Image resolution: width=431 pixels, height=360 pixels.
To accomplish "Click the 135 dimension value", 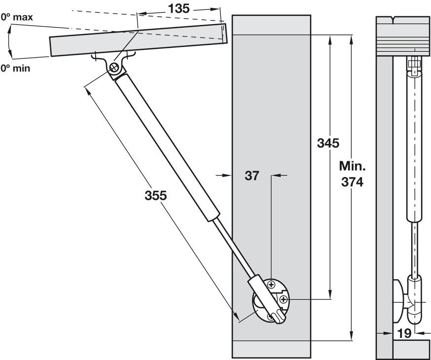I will click(179, 8).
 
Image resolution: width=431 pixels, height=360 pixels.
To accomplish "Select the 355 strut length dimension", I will click(156, 195).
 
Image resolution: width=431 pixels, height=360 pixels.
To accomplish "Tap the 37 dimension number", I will click(252, 175).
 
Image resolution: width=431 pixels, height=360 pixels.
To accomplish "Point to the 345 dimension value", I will click(328, 144).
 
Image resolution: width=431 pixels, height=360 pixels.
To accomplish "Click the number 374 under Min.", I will click(352, 182).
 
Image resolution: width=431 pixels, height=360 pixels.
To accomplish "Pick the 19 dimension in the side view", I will click(404, 333).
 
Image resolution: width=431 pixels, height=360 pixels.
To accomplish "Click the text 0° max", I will click(17, 18).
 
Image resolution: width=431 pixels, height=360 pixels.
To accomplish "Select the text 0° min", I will click(15, 68).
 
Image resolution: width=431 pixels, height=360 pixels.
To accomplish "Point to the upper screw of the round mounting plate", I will click(271, 284).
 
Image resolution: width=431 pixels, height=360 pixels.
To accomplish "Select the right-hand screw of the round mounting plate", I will click(284, 299).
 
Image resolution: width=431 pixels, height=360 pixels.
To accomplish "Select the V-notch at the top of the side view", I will click(395, 21).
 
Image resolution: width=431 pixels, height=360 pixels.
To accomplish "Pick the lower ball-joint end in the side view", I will click(414, 298).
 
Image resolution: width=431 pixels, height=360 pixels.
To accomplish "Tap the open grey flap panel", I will click(138, 39).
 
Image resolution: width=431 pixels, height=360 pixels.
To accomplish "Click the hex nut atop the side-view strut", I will click(414, 64).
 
